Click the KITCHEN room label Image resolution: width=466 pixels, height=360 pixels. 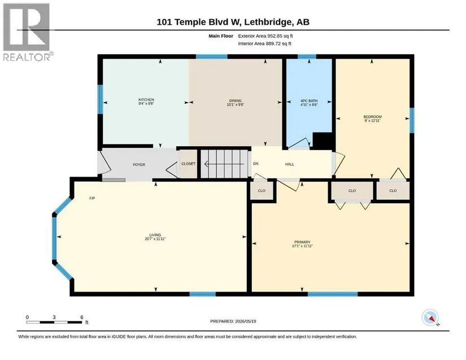point(146,100)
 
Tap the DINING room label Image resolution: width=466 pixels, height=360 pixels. point(236,100)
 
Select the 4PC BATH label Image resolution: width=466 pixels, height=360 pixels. point(309,101)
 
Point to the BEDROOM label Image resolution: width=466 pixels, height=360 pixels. point(372,117)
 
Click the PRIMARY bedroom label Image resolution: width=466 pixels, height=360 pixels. point(302,242)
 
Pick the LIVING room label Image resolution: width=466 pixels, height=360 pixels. point(155,235)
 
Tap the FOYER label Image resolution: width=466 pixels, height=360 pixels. point(139,164)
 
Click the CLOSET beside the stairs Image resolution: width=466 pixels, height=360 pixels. point(189,164)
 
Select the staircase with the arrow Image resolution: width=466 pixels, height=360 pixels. point(224,164)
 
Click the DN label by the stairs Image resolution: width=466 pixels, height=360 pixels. point(255,164)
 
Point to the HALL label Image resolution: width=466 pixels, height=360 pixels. point(290,164)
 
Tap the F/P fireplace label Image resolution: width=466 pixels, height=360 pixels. point(92,198)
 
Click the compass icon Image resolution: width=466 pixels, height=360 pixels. point(430,318)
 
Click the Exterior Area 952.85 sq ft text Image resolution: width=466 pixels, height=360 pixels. point(265,36)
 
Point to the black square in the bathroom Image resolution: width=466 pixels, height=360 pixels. point(323,141)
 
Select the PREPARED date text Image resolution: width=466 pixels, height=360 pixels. point(233,321)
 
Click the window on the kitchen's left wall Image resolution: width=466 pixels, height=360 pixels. point(101,99)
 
